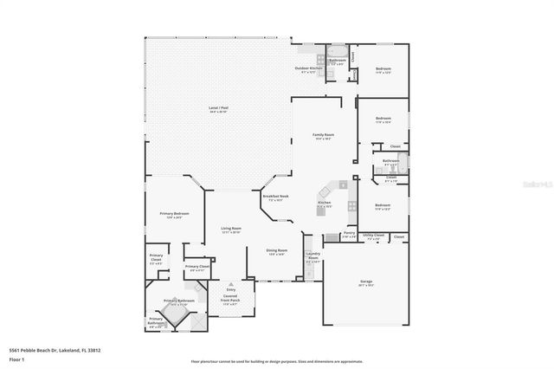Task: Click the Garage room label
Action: (x=366, y=282)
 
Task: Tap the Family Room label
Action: (x=324, y=137)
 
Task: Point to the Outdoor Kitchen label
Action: (x=309, y=69)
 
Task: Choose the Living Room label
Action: (x=229, y=231)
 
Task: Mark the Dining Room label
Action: (x=276, y=252)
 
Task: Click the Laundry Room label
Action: (x=313, y=258)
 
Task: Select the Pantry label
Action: (x=349, y=234)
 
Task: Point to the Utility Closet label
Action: (x=373, y=236)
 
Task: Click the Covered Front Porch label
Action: (x=230, y=299)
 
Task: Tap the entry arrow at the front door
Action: (x=230, y=283)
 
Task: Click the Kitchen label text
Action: (x=325, y=205)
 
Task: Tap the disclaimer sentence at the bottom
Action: (x=276, y=360)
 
